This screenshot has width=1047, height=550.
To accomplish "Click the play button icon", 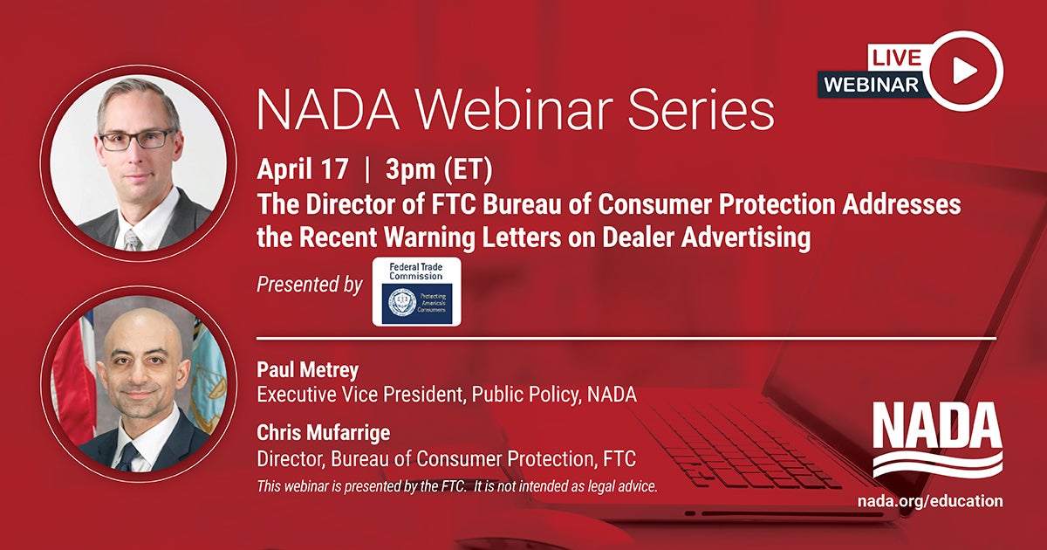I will point(962,71).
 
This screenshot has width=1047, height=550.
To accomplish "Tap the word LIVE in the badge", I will point(895,58).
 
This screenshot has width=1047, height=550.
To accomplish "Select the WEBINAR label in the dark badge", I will point(870,84).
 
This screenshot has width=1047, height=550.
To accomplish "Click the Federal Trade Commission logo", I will point(416,292).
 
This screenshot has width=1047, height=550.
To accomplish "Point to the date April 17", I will point(303,170).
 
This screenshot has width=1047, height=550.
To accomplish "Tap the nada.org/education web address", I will point(930,501).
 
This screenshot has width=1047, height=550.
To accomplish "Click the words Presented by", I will point(310,284).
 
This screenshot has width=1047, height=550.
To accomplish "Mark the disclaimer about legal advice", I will point(456,485).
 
